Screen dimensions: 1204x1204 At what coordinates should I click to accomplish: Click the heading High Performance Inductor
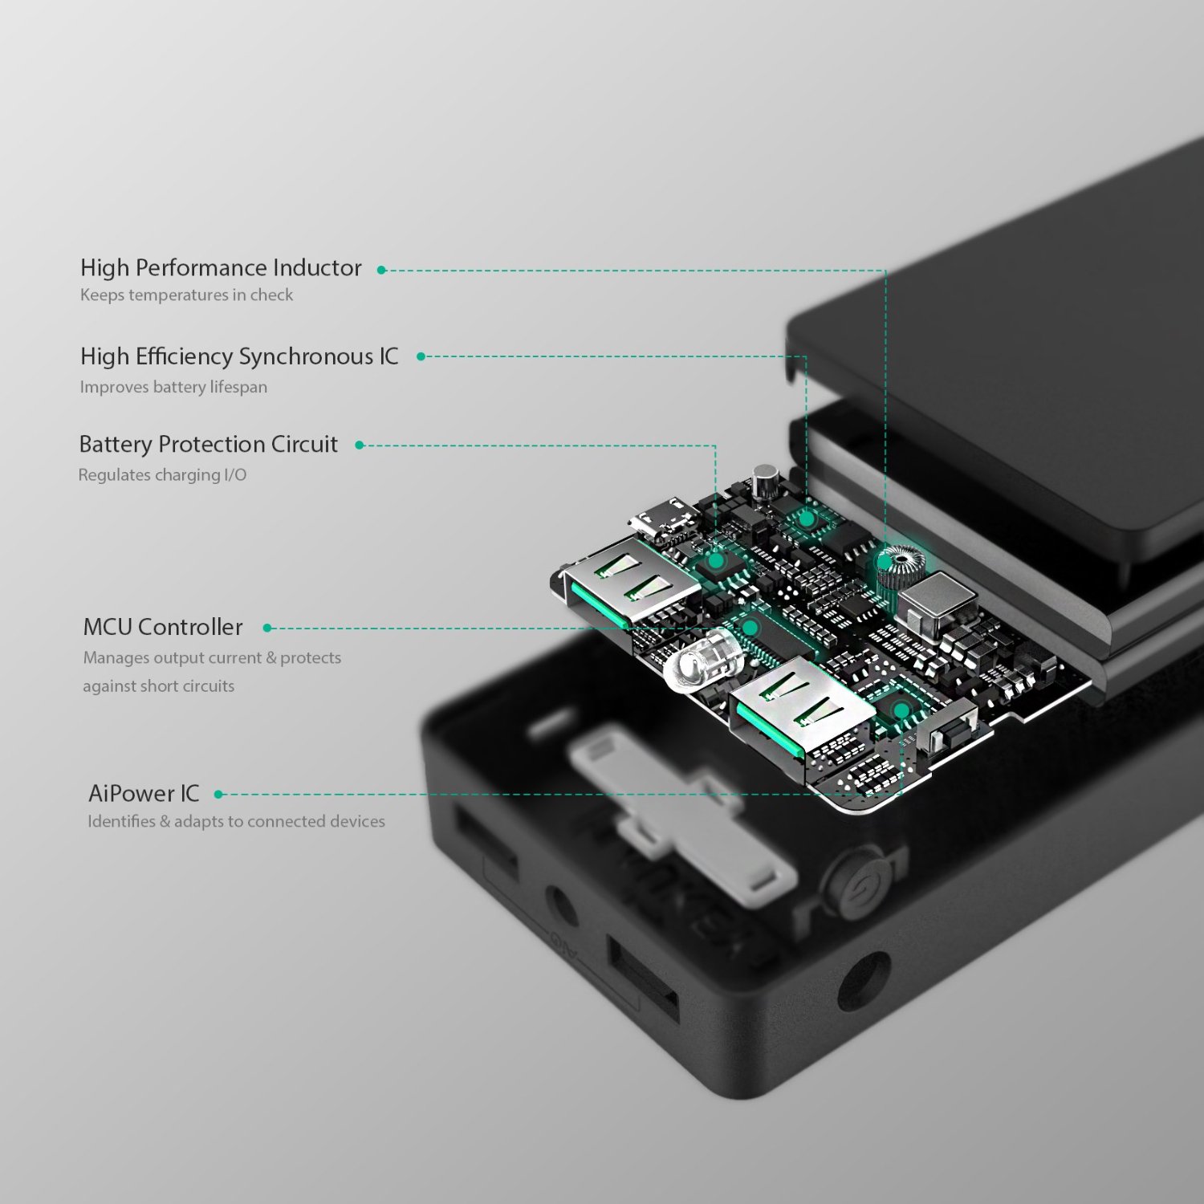221,267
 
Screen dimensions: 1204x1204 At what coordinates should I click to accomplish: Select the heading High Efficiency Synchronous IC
239,356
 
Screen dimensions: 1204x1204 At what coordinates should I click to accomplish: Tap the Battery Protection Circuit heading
209,444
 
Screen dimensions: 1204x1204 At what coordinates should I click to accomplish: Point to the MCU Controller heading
163,627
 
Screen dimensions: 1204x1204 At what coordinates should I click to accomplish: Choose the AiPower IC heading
144,793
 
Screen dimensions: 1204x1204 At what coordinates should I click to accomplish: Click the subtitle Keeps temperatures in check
186,295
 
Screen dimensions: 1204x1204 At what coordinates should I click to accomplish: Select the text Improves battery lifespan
173,387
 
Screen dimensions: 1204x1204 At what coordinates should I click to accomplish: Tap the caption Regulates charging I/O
162,475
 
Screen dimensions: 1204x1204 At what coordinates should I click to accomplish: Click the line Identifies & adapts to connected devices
236,821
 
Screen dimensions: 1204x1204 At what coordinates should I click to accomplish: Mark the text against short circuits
159,686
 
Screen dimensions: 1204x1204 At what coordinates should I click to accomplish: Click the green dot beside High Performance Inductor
382,270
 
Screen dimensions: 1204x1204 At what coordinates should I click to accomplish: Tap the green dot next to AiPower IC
218,795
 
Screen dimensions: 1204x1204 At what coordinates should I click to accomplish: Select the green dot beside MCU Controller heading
267,628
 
